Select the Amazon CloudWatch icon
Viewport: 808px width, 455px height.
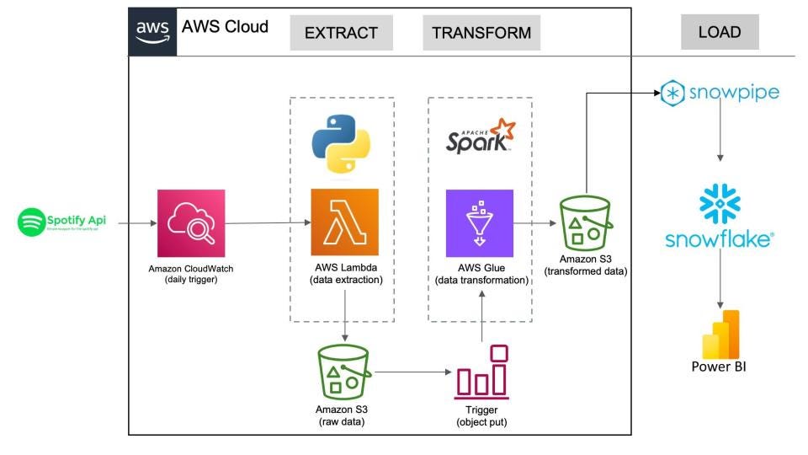(191, 223)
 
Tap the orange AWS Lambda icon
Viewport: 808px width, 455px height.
(344, 222)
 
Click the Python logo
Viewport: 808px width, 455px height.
(343, 142)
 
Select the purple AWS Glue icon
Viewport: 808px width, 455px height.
(480, 222)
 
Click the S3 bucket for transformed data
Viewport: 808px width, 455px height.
(585, 222)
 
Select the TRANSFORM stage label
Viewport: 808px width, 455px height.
(481, 33)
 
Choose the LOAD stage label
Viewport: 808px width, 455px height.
(720, 32)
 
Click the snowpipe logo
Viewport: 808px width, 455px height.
(720, 92)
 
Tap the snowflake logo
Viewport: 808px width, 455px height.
(719, 217)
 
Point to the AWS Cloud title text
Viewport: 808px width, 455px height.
(225, 27)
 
